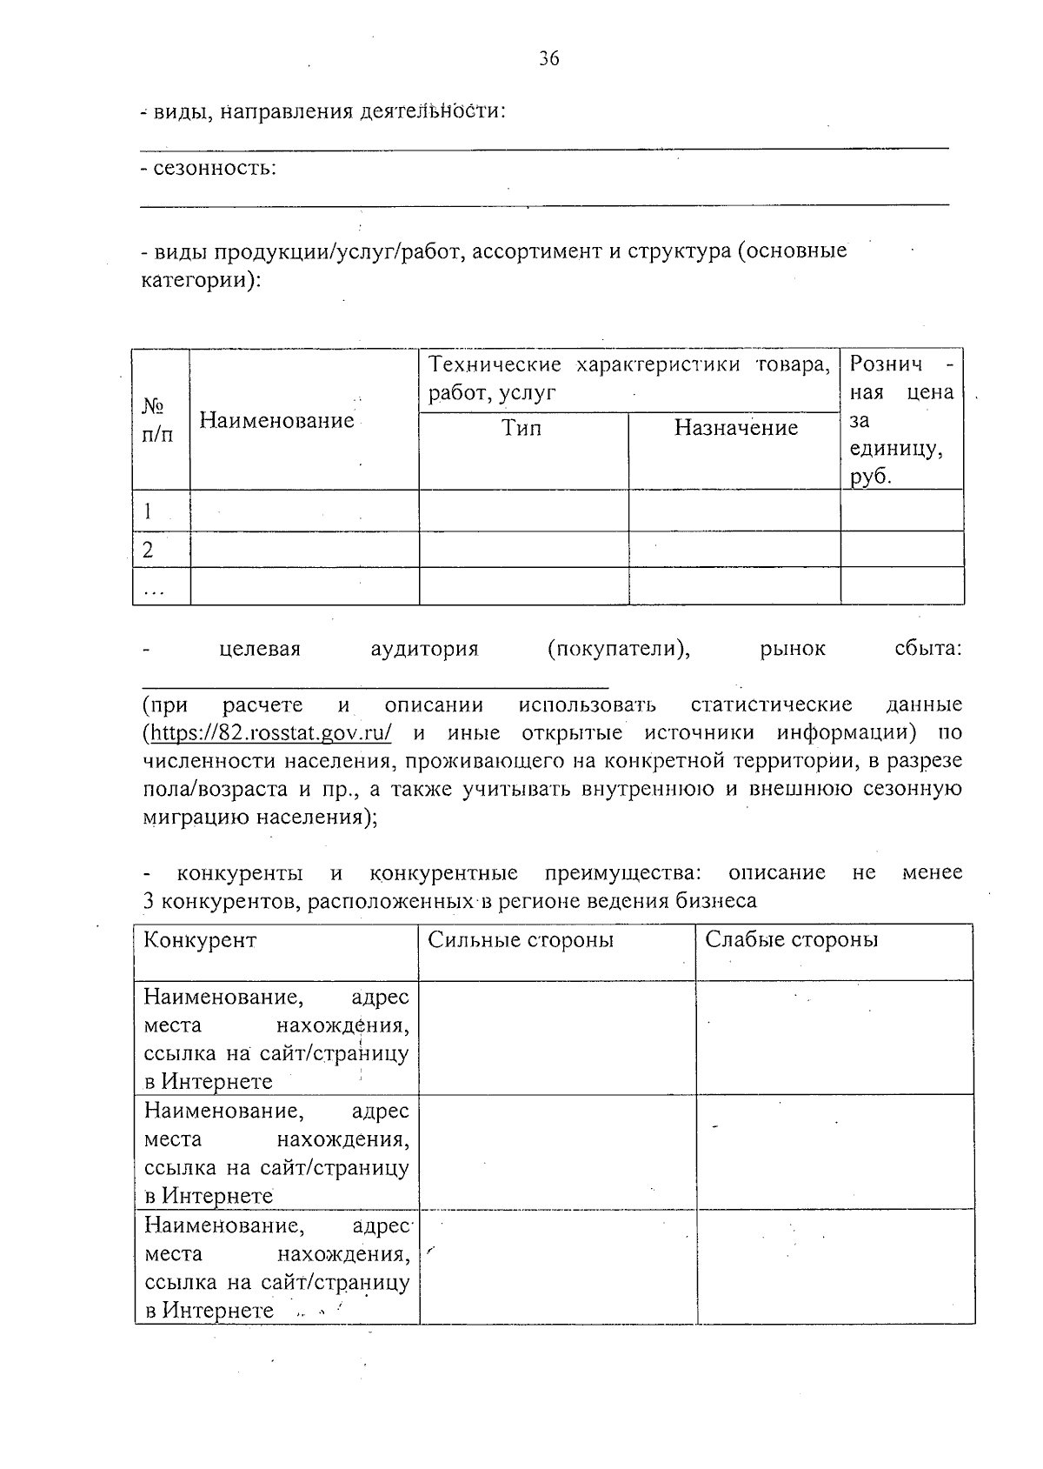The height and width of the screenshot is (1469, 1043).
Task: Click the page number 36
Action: tap(549, 59)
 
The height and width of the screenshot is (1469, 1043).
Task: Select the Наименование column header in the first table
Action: tap(276, 421)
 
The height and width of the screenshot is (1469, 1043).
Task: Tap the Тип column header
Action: tap(521, 428)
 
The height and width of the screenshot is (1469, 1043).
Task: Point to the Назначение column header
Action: tap(735, 428)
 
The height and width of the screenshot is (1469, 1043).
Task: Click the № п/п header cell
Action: tap(156, 420)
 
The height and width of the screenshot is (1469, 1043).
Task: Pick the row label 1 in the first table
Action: tap(148, 511)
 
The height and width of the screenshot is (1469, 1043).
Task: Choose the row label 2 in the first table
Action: tap(148, 550)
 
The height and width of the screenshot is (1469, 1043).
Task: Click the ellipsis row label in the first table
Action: tap(153, 590)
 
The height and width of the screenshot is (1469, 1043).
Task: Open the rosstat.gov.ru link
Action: tap(270, 732)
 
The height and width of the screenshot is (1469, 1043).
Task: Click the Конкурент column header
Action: tap(200, 940)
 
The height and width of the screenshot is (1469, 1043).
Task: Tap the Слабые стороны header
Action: tap(791, 940)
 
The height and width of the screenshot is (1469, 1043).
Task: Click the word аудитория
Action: tap(424, 649)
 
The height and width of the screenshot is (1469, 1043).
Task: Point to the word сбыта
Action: tap(927, 649)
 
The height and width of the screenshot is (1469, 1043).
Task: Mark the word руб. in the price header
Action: tap(871, 477)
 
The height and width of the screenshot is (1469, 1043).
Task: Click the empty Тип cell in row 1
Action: tap(523, 511)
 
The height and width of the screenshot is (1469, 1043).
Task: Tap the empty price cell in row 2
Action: tap(901, 550)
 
